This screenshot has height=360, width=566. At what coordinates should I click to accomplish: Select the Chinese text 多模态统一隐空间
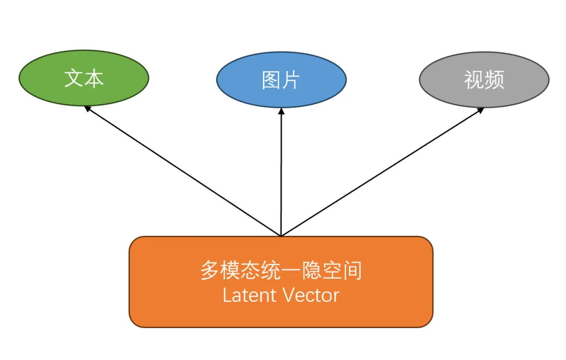[281, 271]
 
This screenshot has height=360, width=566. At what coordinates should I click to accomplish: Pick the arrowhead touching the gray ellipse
[481, 110]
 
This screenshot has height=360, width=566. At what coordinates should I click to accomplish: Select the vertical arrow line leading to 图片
[281, 173]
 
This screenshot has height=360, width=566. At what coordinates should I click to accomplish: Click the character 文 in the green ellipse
[74, 78]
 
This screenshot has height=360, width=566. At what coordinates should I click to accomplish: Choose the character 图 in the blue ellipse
[271, 80]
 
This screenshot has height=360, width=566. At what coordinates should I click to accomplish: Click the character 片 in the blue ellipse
[291, 80]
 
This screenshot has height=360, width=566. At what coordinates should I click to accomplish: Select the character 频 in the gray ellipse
[494, 80]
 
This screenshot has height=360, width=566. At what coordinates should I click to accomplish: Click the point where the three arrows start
[281, 236]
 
